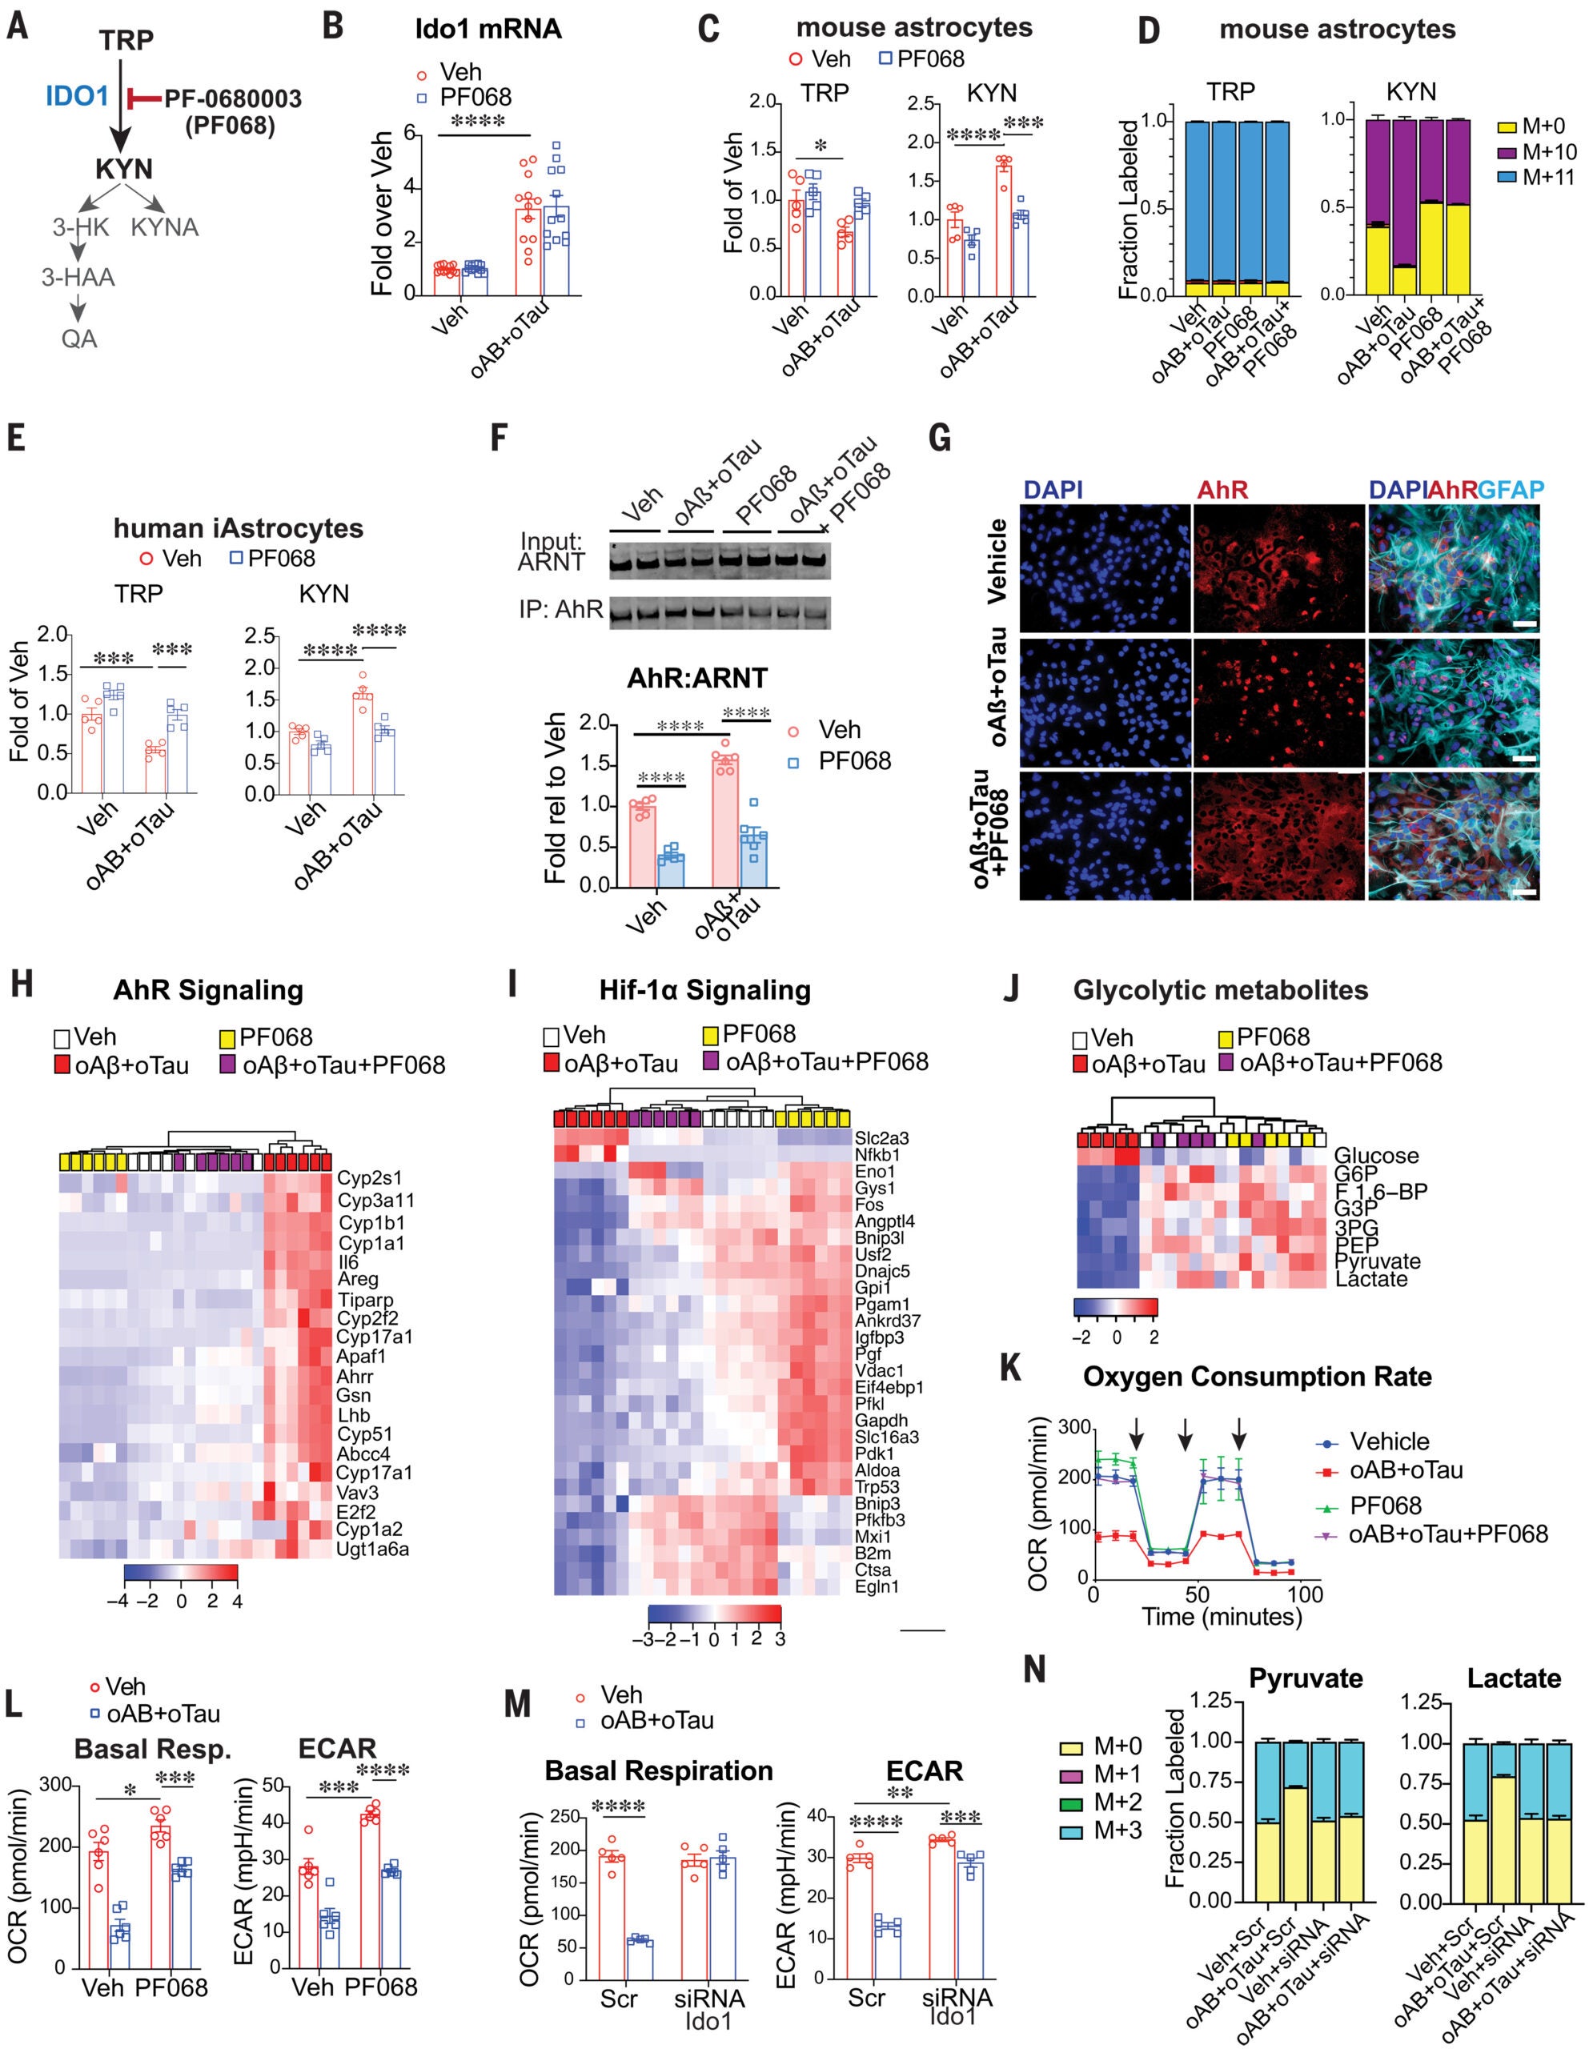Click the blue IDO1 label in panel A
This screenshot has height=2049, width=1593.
[77, 96]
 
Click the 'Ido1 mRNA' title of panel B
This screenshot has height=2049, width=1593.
[488, 29]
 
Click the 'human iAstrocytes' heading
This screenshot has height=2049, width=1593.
[239, 528]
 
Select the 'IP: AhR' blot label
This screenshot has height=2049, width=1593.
[560, 610]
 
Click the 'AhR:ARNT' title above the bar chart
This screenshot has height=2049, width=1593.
[697, 678]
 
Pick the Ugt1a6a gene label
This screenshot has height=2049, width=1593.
[372, 1549]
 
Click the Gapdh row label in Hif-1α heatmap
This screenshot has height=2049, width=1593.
[881, 1421]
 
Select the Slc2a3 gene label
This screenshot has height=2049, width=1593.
[881, 1138]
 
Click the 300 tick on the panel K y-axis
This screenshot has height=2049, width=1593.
[1074, 1428]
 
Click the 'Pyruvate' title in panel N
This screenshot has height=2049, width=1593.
[1305, 1678]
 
